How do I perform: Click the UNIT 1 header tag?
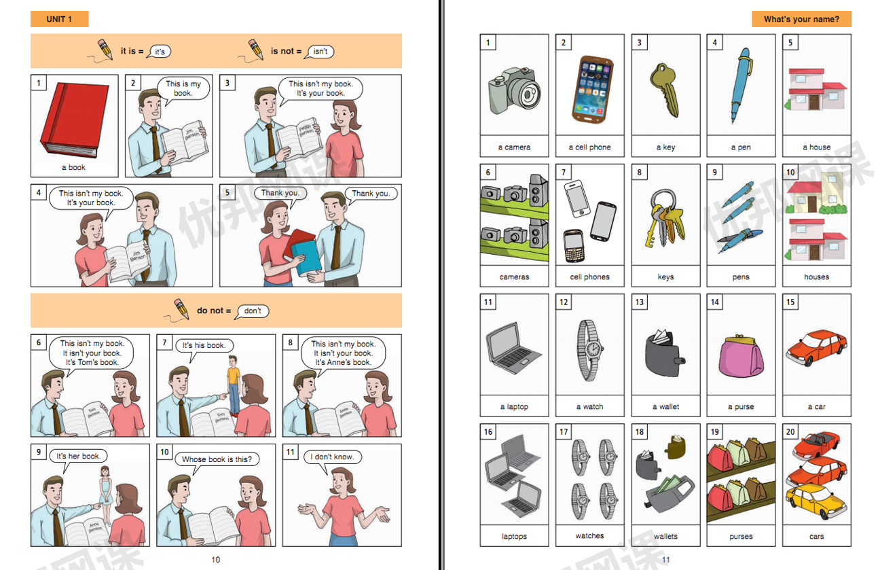[x=59, y=19]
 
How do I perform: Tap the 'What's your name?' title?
[x=801, y=19]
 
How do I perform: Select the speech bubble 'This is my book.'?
[x=183, y=89]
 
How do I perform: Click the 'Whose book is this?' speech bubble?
[x=217, y=459]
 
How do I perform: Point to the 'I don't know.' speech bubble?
[x=333, y=457]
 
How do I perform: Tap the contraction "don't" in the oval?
[x=253, y=311]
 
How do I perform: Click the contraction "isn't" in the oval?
[x=320, y=51]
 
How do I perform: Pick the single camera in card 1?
[x=514, y=92]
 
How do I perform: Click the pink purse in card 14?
[x=741, y=353]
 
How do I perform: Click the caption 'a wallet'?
[x=665, y=407]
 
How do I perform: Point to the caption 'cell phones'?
[x=589, y=277]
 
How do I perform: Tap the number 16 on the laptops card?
[x=488, y=432]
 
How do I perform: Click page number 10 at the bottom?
[x=216, y=560]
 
